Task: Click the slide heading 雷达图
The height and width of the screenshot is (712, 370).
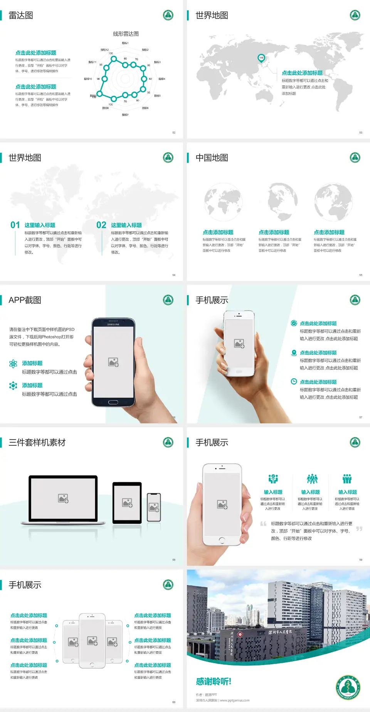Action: pyautogui.click(x=21, y=15)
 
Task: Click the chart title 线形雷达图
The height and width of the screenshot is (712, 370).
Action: pyautogui.click(x=126, y=34)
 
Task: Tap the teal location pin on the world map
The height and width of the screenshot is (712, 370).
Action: pyautogui.click(x=261, y=58)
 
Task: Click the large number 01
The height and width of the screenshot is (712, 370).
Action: pyautogui.click(x=15, y=225)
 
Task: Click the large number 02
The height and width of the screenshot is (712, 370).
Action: pyautogui.click(x=101, y=225)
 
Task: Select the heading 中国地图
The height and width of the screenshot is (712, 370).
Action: pyautogui.click(x=212, y=158)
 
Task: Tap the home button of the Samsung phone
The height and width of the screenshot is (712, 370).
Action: pyautogui.click(x=113, y=402)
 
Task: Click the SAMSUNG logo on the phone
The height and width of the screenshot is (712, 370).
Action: pyautogui.click(x=113, y=324)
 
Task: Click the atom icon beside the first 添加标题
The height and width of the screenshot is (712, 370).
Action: pyautogui.click(x=13, y=364)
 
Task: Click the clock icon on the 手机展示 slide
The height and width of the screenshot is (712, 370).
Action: pyautogui.click(x=294, y=381)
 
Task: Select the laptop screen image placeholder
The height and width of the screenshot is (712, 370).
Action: pyautogui.click(x=63, y=498)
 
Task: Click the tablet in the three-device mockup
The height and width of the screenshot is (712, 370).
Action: pyautogui.click(x=127, y=502)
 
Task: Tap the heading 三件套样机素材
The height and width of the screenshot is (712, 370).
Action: pyautogui.click(x=37, y=443)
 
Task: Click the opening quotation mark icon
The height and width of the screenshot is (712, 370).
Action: pyautogui.click(x=263, y=524)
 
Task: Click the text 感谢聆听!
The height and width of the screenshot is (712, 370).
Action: pyautogui.click(x=214, y=682)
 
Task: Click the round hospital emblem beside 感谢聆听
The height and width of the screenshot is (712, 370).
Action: pyautogui.click(x=348, y=687)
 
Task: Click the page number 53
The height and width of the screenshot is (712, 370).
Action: pyautogui.click(x=361, y=132)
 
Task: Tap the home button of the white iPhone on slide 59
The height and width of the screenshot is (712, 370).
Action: pyautogui.click(x=222, y=540)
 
